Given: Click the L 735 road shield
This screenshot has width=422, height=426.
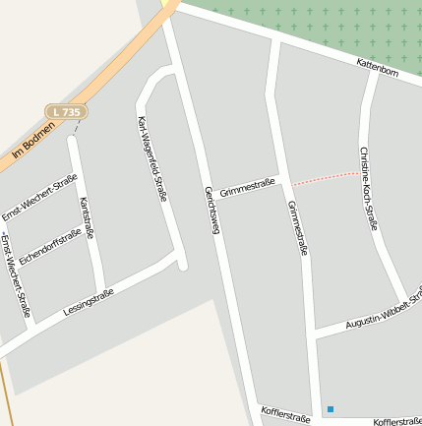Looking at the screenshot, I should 67,113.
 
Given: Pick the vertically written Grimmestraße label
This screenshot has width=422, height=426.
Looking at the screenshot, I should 298,227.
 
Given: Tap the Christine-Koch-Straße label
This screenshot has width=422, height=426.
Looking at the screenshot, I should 368,188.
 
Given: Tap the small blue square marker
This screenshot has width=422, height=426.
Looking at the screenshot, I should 331,409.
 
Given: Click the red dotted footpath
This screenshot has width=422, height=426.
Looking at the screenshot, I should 326,177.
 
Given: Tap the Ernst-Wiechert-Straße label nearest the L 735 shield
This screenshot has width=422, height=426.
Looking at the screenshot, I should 39,198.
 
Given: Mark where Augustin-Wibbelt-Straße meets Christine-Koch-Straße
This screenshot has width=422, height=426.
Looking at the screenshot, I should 404,299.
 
